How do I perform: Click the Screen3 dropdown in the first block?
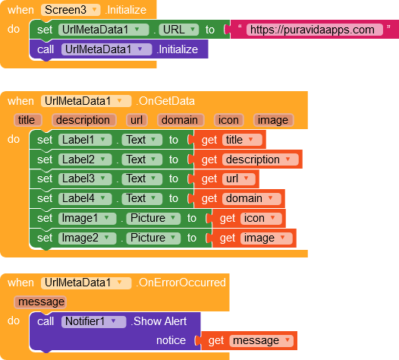[71, 10]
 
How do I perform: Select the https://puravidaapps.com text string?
[314, 30]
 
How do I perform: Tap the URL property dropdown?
[178, 30]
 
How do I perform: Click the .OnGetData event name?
[165, 101]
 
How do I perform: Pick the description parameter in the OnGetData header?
[84, 120]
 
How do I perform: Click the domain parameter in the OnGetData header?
[181, 120]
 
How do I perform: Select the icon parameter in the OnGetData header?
[229, 120]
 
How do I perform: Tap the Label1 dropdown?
[85, 140]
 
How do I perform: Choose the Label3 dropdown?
[85, 178]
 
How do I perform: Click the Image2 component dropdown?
[87, 238]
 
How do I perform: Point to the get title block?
[230, 140]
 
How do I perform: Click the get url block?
[226, 178]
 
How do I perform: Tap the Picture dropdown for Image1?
[153, 218]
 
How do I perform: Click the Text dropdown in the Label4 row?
[142, 198]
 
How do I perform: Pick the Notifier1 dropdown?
[93, 321]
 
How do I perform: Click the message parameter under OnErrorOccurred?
[40, 302]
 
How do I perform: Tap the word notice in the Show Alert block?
[171, 340]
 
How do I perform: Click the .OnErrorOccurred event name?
[181, 283]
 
